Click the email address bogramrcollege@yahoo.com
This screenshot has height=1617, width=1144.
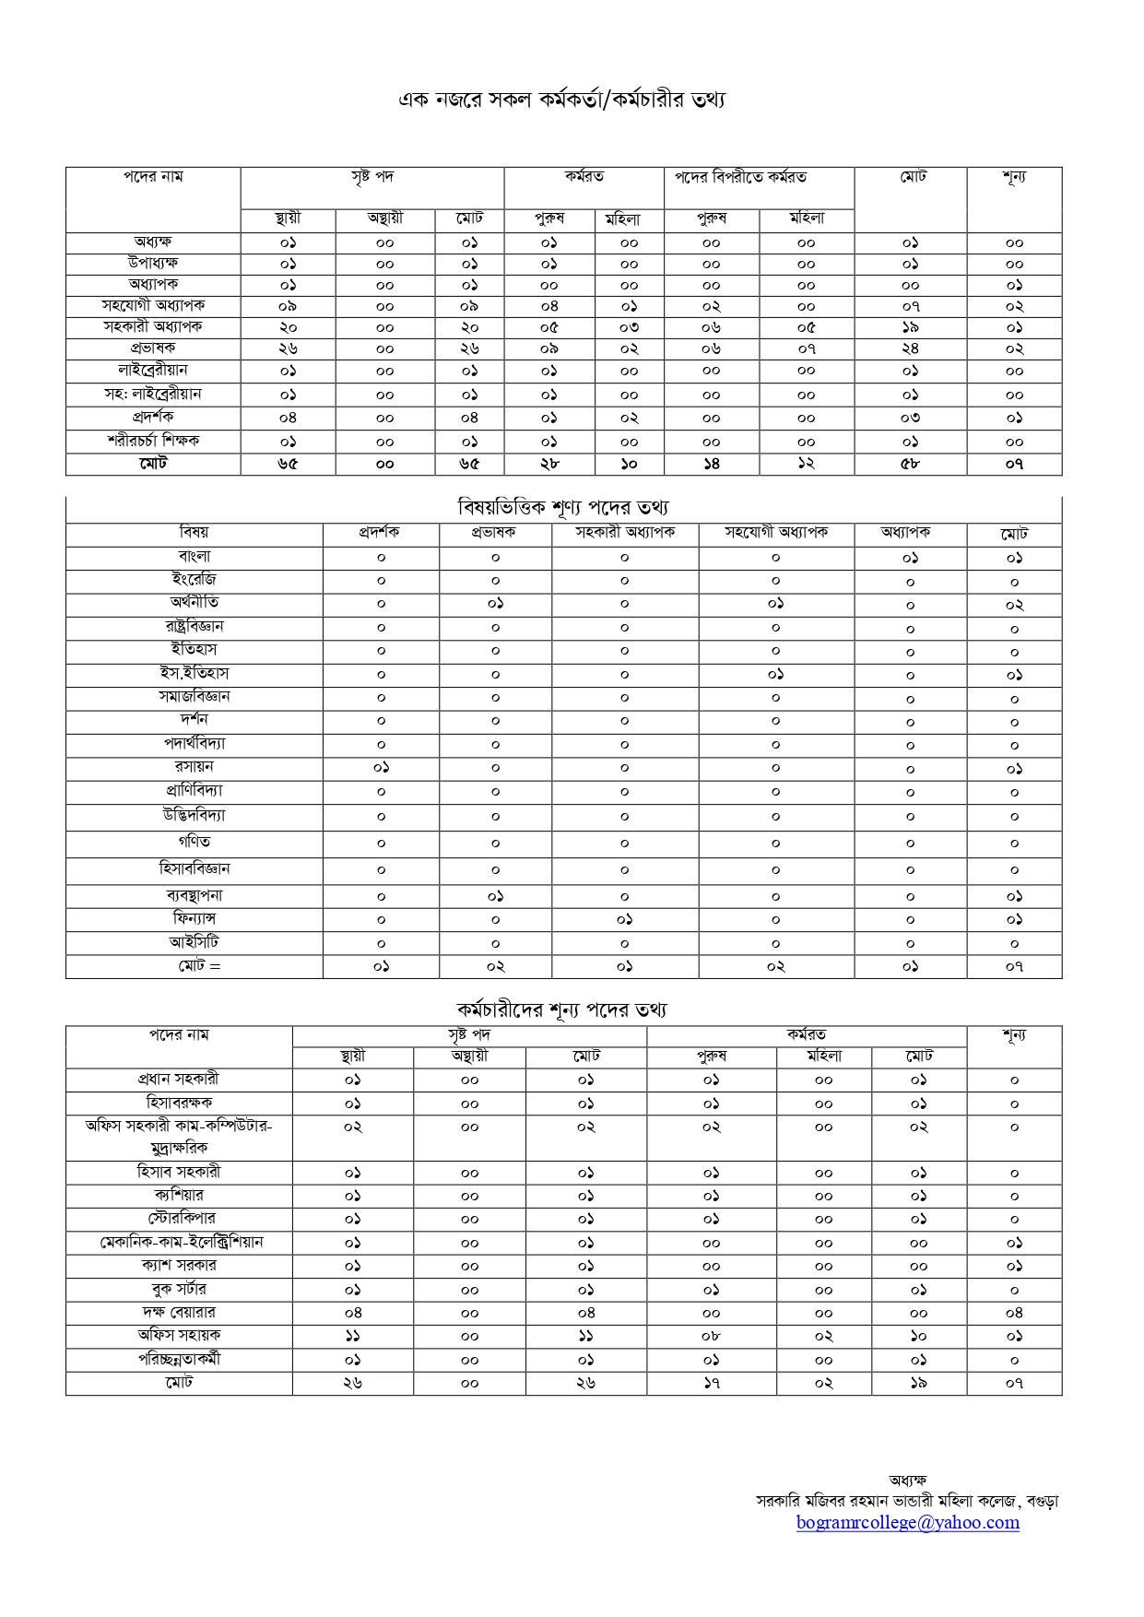907,1522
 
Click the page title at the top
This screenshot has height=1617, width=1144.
561,100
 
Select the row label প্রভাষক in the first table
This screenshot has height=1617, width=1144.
152,348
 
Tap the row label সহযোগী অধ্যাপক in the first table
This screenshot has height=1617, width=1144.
153,305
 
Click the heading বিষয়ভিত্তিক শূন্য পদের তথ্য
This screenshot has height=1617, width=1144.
562,507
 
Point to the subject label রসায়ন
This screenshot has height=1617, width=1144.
194,767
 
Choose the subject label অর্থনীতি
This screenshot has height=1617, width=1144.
194,603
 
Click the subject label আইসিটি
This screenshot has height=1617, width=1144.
194,942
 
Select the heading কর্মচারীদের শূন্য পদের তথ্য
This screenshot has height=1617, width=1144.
561,1009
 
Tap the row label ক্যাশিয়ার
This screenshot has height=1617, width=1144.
179,1196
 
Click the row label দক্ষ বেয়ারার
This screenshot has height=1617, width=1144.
179,1312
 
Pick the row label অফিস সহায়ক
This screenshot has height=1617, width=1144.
179,1335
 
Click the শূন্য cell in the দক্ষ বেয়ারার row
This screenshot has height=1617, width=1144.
1014,1313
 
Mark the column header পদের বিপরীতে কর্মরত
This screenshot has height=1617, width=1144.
740,178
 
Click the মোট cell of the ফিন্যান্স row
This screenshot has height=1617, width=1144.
1014,920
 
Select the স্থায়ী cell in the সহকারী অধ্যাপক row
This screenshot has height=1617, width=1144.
288,327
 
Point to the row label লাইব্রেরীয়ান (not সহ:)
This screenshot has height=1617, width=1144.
152,371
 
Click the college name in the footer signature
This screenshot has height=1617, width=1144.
907,1501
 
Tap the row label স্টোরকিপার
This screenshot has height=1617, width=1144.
179,1219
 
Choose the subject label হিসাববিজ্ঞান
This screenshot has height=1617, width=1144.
194,868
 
